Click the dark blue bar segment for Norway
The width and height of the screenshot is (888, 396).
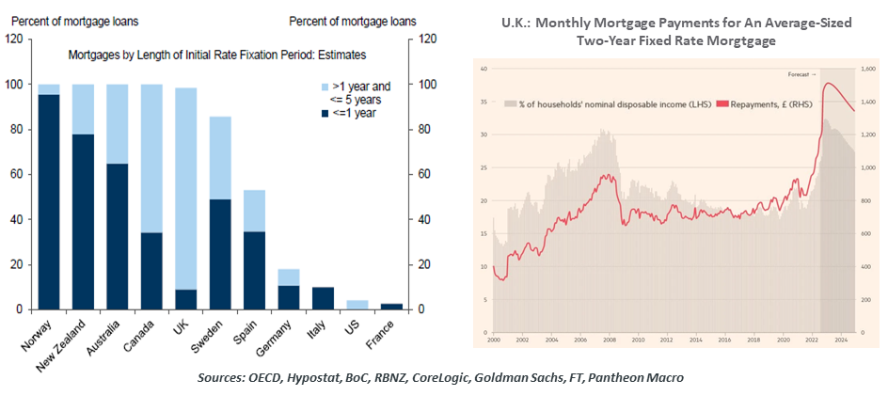pos(49,202)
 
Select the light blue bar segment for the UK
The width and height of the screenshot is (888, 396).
pos(186,188)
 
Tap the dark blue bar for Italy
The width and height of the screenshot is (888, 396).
pos(323,298)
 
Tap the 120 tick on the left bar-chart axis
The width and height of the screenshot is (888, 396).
pos(13,40)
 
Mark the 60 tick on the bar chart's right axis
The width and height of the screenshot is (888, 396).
pos(426,174)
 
